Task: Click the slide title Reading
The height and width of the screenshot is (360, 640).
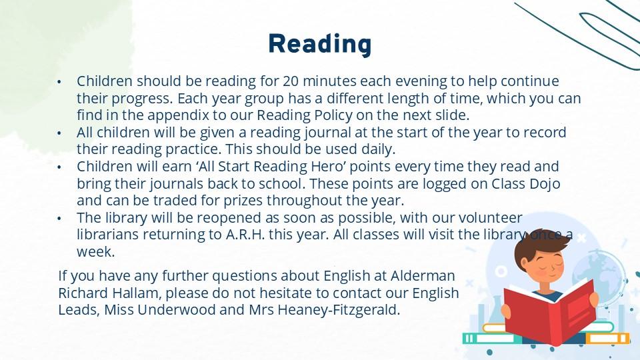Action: [320, 44]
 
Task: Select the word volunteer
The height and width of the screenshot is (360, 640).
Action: [490, 217]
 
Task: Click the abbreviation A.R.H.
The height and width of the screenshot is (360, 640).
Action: [245, 235]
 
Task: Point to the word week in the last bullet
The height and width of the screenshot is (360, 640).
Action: [95, 252]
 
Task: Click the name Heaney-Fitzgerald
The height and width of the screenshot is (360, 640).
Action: [339, 310]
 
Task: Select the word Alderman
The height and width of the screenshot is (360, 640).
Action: [423, 275]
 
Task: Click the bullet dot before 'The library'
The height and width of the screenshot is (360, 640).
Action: [59, 219]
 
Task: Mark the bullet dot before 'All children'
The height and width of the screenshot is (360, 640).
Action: [59, 133]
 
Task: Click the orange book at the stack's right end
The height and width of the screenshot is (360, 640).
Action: [607, 339]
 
